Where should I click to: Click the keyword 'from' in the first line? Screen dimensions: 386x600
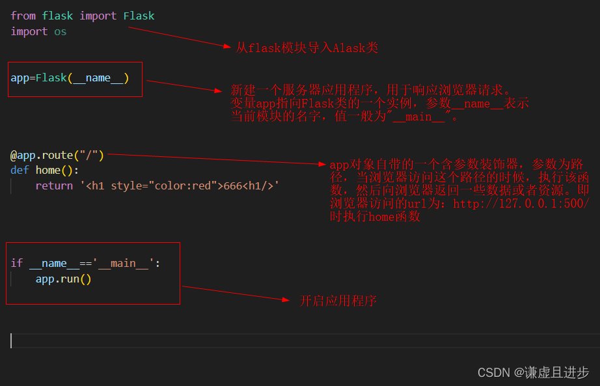(23, 16)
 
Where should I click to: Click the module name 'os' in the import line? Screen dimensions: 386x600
(60, 31)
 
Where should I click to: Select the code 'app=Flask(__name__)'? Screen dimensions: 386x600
(70, 78)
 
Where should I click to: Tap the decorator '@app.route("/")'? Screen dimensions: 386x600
(57, 156)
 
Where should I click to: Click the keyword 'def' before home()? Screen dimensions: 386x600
(20, 170)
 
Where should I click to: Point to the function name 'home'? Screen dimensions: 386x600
(48, 170)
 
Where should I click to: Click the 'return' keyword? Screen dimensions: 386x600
(54, 186)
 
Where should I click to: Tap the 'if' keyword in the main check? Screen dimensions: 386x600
(17, 263)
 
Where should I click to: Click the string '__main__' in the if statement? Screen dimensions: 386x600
(123, 263)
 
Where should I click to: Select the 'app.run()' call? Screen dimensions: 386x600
(63, 279)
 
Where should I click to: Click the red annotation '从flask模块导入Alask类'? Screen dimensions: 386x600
(307, 48)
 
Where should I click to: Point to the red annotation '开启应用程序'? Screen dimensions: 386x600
(338, 301)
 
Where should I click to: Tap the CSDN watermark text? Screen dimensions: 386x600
(533, 372)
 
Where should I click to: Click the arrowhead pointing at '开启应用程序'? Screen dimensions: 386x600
(284, 299)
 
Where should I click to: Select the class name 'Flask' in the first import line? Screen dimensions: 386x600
(139, 16)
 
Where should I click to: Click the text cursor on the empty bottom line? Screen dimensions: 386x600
(11, 340)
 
